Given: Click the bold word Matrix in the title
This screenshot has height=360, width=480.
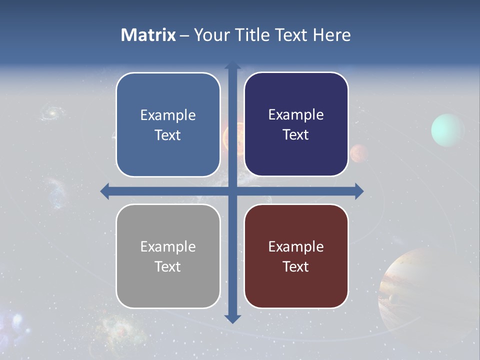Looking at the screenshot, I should (148, 35).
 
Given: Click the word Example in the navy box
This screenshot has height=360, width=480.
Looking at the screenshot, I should (296, 115).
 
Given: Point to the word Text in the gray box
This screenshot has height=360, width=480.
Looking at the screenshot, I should (168, 266).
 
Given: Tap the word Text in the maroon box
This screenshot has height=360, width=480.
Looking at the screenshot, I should (296, 266).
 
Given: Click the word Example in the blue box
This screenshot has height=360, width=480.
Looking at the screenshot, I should (168, 115).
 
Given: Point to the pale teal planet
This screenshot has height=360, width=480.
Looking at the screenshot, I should (448, 130).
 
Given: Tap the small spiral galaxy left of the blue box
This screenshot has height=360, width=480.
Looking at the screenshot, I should (50, 113).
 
